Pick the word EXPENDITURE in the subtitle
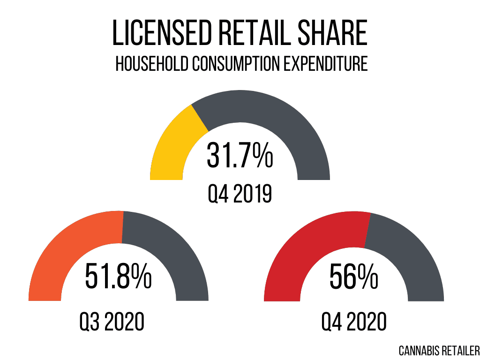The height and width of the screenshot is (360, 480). (x=327, y=64)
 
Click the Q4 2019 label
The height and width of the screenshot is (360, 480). (x=240, y=193)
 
